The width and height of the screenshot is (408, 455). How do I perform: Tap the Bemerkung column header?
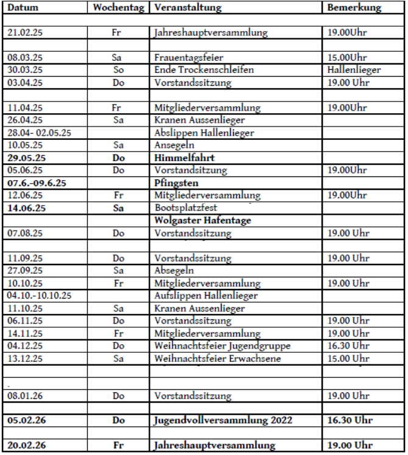point(354,9)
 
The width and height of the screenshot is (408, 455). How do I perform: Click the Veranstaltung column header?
point(188,9)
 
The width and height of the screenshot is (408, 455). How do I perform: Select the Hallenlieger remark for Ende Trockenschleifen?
point(354,70)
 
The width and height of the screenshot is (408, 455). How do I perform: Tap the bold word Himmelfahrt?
point(181,158)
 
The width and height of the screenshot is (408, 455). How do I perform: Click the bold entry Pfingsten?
point(176,182)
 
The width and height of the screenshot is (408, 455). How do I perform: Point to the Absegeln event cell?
point(174,270)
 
